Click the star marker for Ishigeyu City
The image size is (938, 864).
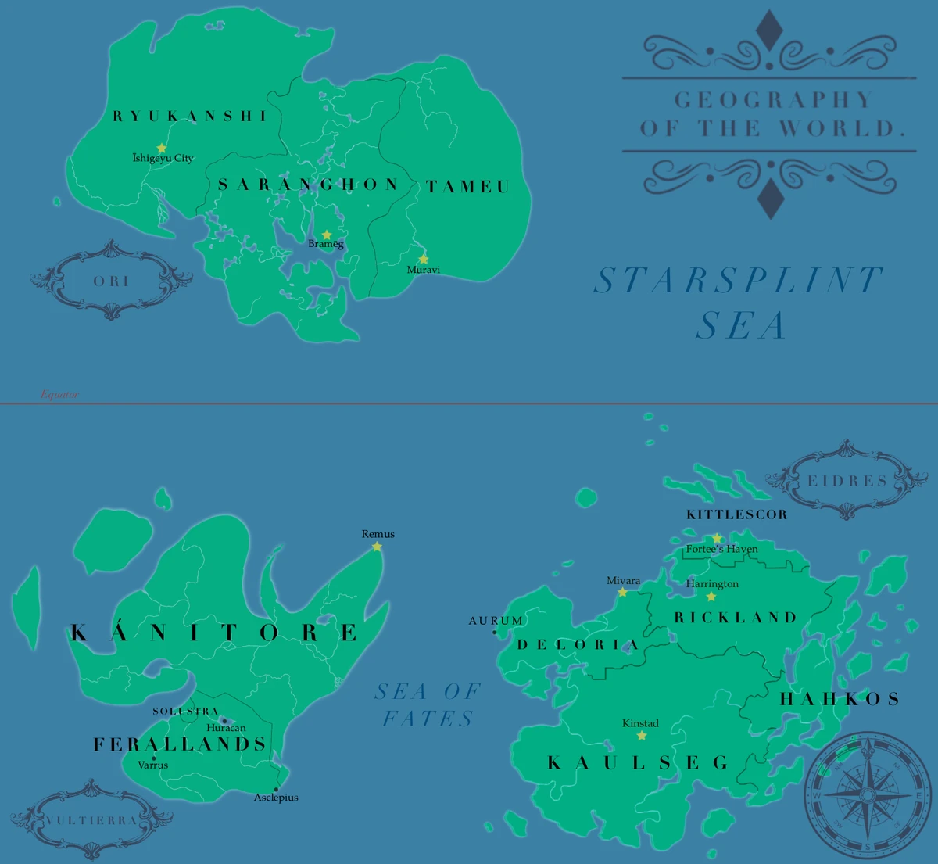[x=162, y=148]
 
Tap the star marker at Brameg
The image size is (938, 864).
[x=327, y=235]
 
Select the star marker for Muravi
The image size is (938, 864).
[x=424, y=259]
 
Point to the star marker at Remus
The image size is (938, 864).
[x=377, y=547]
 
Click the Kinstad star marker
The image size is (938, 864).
[x=642, y=736]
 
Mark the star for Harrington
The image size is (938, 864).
[x=711, y=597]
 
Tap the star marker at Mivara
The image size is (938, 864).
[x=622, y=593]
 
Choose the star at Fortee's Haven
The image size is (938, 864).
[x=718, y=538]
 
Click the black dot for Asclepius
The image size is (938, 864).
[x=276, y=790]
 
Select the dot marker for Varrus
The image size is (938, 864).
[x=153, y=758]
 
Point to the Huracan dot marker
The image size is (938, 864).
[x=224, y=721]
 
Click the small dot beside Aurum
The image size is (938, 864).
[x=494, y=632]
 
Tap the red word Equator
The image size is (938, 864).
[x=59, y=395]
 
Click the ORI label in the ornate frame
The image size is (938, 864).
[x=111, y=281]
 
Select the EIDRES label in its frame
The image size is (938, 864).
[x=847, y=481]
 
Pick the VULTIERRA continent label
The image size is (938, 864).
[x=91, y=820]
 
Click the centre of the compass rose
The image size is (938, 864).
[x=868, y=796]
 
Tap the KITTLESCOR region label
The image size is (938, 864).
[x=736, y=514]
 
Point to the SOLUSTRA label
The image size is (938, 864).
[x=185, y=712]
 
